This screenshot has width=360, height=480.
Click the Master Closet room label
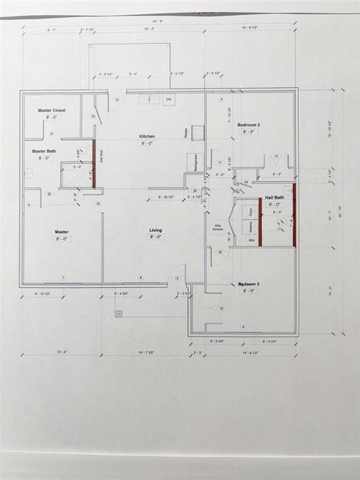pyautogui.click(x=51, y=110)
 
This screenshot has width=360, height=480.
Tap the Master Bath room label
pyautogui.click(x=44, y=151)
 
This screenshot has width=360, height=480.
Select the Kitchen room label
pyautogui.click(x=147, y=136)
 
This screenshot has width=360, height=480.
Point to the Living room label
pyautogui.click(x=155, y=230)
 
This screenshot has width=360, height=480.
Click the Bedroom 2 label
pyautogui.click(x=248, y=124)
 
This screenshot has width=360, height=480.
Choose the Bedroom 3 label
pyautogui.click(x=248, y=284)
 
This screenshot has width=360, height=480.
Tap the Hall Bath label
pyautogui.click(x=274, y=197)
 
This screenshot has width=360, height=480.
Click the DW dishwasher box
pyautogui.click(x=169, y=99)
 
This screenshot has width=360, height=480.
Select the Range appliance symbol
pyautogui.click(x=197, y=132)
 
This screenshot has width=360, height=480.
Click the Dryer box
pyautogui.click(x=251, y=211)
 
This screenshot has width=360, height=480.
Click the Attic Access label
pyautogui.click(x=218, y=227)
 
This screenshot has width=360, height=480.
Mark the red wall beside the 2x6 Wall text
pyautogui.click(x=94, y=163)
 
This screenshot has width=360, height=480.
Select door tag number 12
pyautogui.click(x=116, y=99)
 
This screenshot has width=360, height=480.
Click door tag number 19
pyautogui.click(x=97, y=203)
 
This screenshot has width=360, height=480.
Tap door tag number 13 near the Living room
pyautogui.click(x=177, y=279)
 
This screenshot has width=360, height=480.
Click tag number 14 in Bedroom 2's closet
pyautogui.click(x=275, y=156)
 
